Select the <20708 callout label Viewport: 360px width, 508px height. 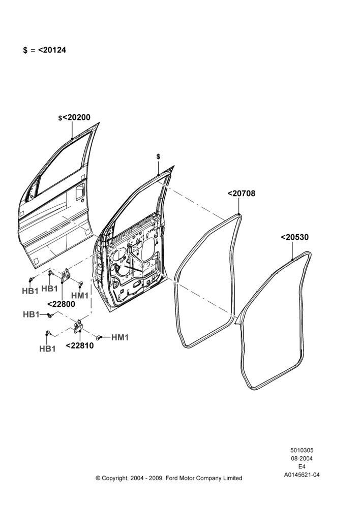tap(242, 194)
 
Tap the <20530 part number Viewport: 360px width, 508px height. tap(294, 237)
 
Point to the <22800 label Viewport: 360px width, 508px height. tap(61, 304)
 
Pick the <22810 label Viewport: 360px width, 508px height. tap(79, 345)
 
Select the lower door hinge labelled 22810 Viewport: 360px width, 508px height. tap(78, 326)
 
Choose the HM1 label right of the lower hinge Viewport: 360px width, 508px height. tap(120, 338)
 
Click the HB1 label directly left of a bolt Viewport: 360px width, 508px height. tap(31, 314)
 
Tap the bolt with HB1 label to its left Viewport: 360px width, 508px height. tap(50, 315)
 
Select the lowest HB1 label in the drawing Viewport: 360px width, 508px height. tap(47, 348)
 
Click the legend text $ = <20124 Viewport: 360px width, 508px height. tap(44, 50)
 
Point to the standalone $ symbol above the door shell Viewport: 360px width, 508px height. tap(158, 157)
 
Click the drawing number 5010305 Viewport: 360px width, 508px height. tap(302, 450)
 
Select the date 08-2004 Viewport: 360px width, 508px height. tap(302, 458)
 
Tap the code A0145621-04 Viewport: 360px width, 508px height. tap(302, 475)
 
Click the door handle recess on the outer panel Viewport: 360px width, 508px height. tap(80, 190)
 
